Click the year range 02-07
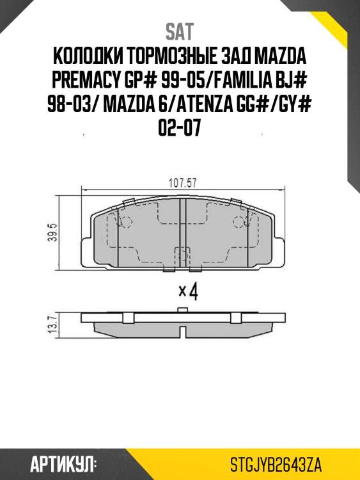pyautogui.click(x=180, y=130)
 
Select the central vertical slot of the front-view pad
pyautogui.click(x=182, y=230)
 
